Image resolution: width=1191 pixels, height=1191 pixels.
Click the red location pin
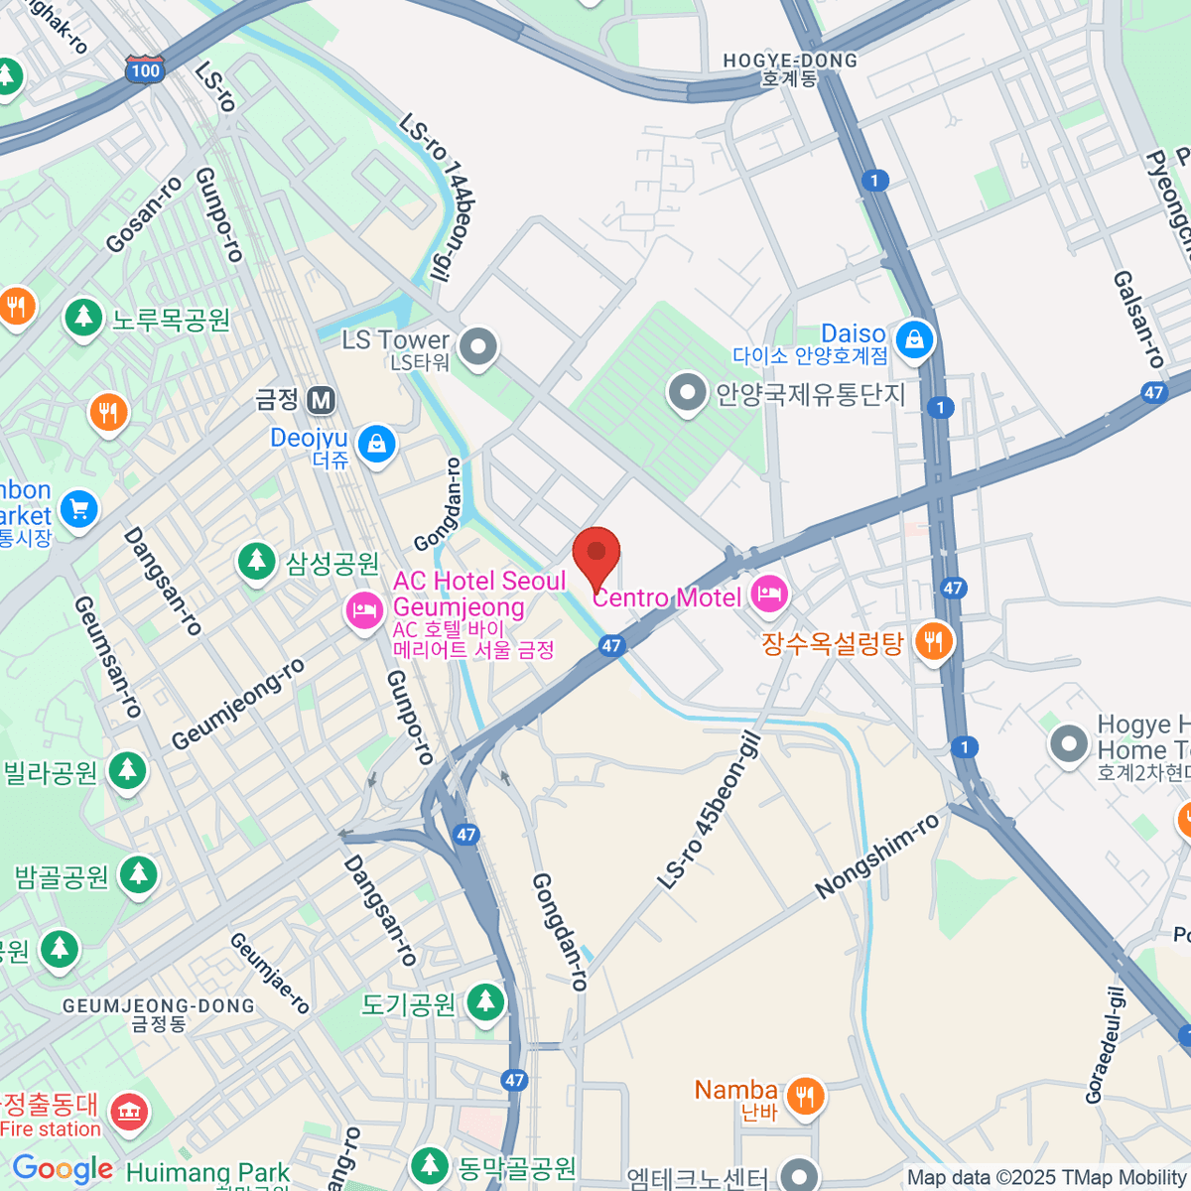[596, 554]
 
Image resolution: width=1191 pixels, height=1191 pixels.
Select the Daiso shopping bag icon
[913, 340]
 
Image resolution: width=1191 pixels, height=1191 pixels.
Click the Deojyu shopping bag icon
[376, 444]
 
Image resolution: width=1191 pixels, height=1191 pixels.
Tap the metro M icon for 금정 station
[320, 400]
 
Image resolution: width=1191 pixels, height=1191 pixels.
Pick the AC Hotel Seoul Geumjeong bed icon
[364, 609]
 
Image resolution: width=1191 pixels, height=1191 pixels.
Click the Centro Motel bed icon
[769, 595]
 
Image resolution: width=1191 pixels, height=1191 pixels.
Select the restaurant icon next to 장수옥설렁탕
[933, 641]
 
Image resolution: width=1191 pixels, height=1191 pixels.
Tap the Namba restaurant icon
[805, 1096]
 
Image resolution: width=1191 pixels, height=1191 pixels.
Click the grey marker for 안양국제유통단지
[687, 393]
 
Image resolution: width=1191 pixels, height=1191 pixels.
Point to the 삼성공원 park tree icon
[257, 562]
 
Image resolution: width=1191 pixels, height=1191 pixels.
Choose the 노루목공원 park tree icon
[83, 318]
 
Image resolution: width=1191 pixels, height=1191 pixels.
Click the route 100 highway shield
[145, 69]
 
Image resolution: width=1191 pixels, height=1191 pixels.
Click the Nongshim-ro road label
[877, 857]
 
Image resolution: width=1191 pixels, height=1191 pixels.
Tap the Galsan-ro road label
[1137, 320]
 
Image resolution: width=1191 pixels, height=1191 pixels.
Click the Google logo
[63, 1169]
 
